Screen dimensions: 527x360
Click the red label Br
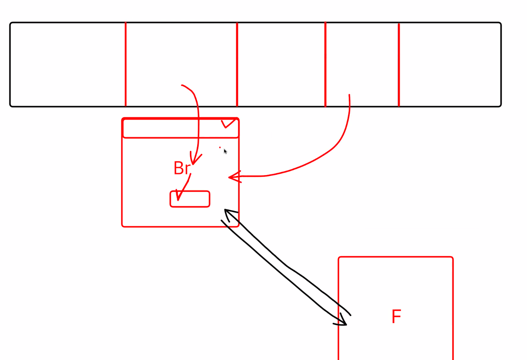tap(181, 168)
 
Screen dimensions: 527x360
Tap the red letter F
tap(396, 317)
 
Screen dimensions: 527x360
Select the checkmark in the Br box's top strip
tap(228, 123)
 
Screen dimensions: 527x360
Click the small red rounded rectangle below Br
tap(190, 199)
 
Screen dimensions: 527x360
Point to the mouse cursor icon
tap(225, 151)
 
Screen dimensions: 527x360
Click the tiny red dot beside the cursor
tap(220, 147)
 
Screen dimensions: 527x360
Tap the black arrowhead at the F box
tap(343, 321)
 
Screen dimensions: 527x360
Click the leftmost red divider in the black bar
tap(126, 65)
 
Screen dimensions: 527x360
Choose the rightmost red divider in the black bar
tap(399, 65)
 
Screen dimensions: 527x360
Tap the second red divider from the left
tap(237, 65)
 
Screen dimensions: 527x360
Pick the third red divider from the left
tap(325, 65)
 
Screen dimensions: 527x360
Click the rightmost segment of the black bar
tap(450, 65)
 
